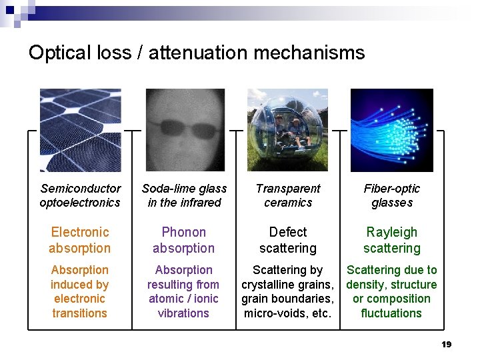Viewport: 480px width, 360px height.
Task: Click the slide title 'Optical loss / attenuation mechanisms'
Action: pos(197,53)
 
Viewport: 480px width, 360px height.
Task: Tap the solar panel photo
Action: pos(80,130)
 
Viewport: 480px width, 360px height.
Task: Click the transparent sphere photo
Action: pos(287,130)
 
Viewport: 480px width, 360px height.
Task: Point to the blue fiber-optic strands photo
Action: pos(392,130)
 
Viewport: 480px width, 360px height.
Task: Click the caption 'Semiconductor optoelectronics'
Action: pos(80,195)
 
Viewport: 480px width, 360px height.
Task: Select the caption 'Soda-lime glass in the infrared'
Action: pos(184,195)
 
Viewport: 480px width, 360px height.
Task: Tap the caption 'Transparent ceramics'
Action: pos(288,195)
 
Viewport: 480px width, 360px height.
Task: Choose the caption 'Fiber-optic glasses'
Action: pos(392,195)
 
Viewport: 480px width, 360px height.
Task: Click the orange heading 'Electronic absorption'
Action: pos(80,240)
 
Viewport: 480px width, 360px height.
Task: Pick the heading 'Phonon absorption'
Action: pos(184,240)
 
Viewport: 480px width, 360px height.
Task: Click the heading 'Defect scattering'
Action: pos(288,240)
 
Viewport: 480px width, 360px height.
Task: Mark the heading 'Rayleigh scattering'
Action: pos(392,240)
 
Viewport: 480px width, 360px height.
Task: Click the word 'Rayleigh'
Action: pos(392,232)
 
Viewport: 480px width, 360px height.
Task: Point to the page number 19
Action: pos(447,345)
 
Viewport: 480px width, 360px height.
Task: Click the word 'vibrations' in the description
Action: pos(184,313)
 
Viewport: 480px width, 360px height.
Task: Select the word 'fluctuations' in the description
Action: pos(391,313)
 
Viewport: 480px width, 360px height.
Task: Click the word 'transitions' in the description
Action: pos(80,313)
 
